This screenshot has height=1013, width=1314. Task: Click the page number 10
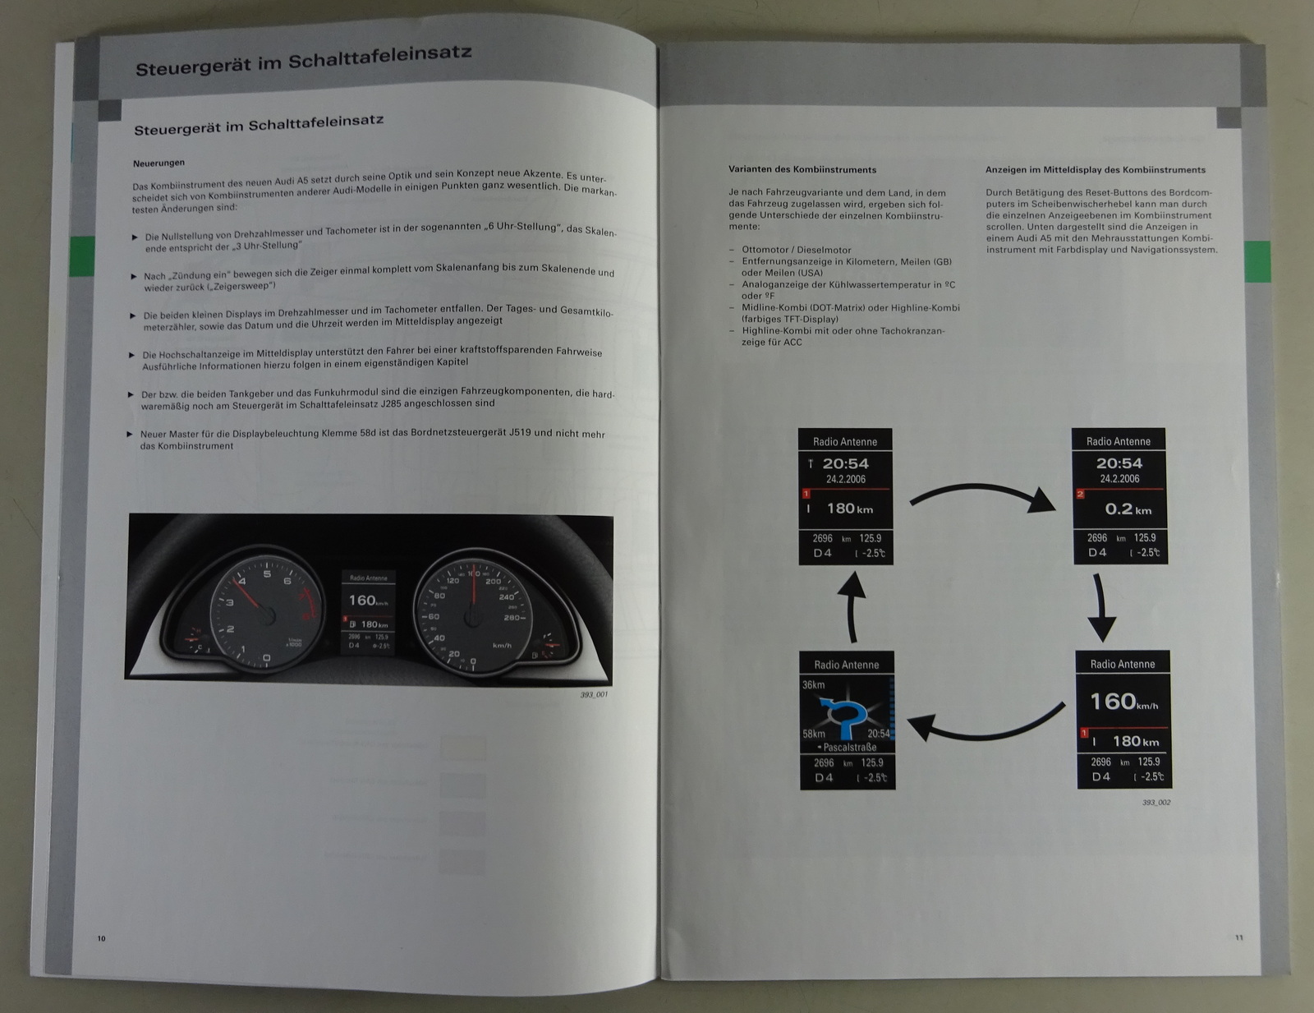(x=102, y=938)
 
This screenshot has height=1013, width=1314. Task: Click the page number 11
(x=1239, y=937)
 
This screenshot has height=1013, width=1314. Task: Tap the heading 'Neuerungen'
(x=159, y=163)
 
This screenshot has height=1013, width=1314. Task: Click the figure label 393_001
(x=593, y=695)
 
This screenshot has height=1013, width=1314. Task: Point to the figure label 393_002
(x=1155, y=803)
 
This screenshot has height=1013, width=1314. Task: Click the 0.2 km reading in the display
(x=1128, y=509)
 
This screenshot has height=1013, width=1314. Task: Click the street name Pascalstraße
(x=848, y=748)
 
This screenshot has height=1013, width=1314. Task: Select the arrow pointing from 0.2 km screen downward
(x=1101, y=608)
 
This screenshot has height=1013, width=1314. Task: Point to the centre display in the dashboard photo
(x=368, y=613)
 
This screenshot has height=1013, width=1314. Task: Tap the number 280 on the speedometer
(x=512, y=618)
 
